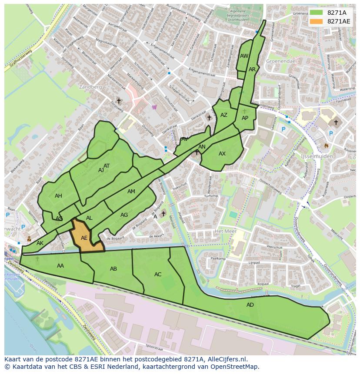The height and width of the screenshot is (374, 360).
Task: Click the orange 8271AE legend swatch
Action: (x=317, y=21)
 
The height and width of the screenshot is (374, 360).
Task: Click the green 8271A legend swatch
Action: (x=317, y=12)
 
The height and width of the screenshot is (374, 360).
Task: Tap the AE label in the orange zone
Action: (x=84, y=238)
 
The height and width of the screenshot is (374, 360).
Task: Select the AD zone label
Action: (x=250, y=305)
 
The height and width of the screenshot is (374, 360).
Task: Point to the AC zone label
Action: (x=158, y=275)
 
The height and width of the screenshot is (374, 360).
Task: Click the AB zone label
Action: (x=113, y=269)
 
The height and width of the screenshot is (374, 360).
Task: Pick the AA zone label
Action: (x=60, y=266)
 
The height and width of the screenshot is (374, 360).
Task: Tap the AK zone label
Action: (x=40, y=243)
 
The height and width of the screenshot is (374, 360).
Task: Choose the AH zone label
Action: (x=58, y=196)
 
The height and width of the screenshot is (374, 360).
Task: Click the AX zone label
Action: (x=222, y=154)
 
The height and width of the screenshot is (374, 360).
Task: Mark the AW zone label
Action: (x=244, y=56)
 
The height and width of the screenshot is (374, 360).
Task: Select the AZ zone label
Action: (x=224, y=115)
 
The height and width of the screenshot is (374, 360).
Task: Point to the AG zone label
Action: (x=124, y=215)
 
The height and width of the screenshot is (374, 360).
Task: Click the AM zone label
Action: (x=131, y=192)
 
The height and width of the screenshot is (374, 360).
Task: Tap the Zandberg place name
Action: (x=90, y=87)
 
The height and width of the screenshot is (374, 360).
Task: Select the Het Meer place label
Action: (x=225, y=231)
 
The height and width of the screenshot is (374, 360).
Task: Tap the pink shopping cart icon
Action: (x=154, y=107)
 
